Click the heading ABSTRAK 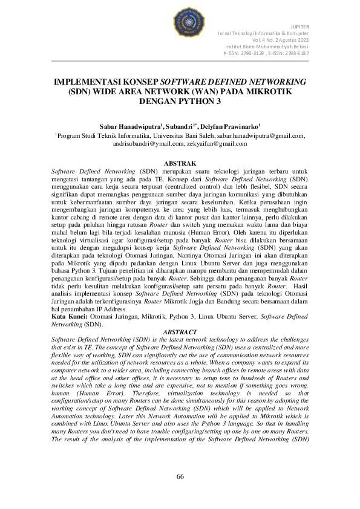click(180, 163)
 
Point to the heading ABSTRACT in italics click(180, 332)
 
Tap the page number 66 click(180, 477)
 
